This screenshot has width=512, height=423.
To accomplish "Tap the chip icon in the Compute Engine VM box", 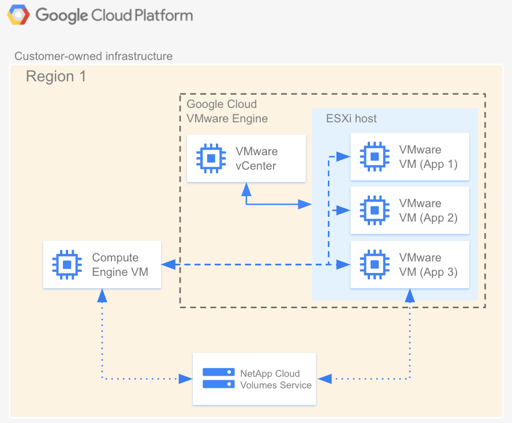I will pos(67,265).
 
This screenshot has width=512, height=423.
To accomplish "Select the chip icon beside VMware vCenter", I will pos(211,158).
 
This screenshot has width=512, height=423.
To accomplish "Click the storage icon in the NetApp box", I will pos(218,379).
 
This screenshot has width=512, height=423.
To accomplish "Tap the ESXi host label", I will pos(351,119).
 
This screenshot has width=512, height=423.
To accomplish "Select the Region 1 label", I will pos(56,77).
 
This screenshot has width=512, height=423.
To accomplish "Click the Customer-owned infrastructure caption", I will pos(94,56).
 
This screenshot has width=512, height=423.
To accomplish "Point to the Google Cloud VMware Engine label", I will pos(227,111).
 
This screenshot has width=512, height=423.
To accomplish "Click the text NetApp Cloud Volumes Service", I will pos(275,379).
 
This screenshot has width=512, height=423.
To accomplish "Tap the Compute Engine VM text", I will pos(119,265).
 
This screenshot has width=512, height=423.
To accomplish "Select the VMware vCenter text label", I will pos(256,158).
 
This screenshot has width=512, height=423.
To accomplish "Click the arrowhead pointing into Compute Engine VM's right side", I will pos(167,265).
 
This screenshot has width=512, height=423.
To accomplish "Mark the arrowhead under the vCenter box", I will pos(246,188).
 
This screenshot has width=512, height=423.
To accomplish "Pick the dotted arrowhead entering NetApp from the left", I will pos(186,379).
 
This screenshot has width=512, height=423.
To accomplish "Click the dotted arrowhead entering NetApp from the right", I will pos(324,379).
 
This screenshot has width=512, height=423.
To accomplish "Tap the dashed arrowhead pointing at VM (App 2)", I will pos(343,211).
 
